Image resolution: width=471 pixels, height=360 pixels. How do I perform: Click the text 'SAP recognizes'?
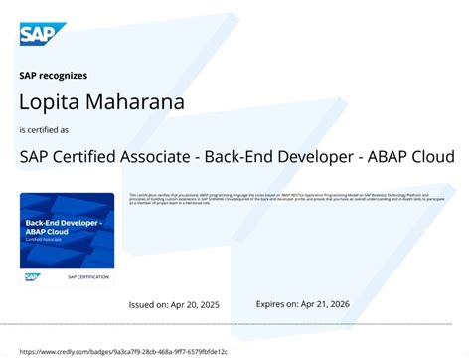point(54,76)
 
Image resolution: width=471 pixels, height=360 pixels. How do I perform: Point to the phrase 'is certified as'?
point(47,130)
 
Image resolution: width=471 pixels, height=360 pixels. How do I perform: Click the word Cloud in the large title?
point(429,157)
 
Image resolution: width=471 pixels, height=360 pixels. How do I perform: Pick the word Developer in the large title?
point(311,157)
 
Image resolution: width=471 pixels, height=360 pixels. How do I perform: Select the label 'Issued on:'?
point(153,304)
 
